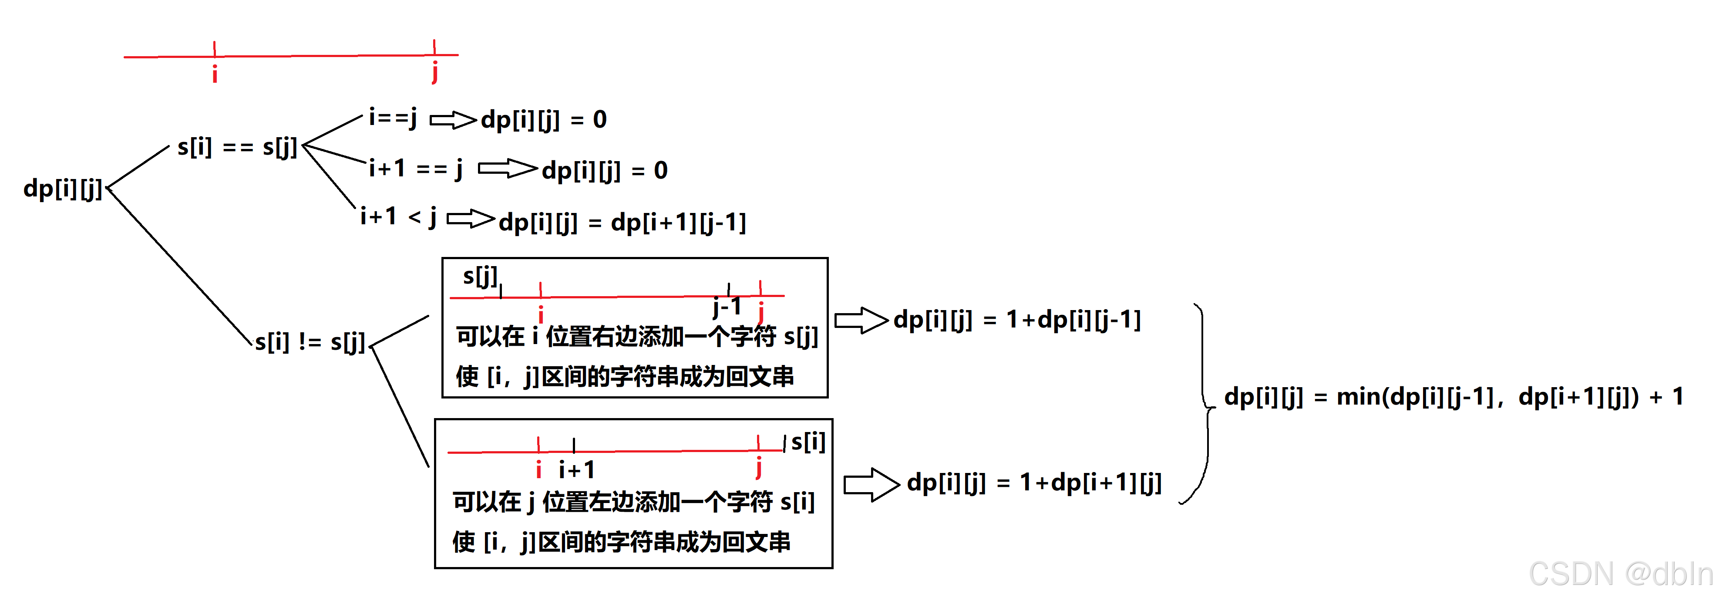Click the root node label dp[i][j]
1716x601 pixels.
tap(63, 189)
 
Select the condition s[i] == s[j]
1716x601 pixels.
tap(236, 147)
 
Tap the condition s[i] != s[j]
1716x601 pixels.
tap(310, 342)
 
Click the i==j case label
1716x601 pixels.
tap(393, 118)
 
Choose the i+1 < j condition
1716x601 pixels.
tap(398, 217)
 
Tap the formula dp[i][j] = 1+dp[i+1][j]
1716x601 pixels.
tap(1034, 483)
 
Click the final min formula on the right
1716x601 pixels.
tap(1454, 397)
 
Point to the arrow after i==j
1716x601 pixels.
tap(453, 120)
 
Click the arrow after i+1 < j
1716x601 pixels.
tap(470, 219)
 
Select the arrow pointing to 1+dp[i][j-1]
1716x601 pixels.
tap(861, 321)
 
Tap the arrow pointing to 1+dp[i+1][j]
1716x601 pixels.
tap(871, 484)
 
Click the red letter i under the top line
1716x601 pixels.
tap(215, 74)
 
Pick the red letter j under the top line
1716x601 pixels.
tap(434, 72)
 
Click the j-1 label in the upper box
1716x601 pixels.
tap(726, 307)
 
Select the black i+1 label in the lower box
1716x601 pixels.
tap(576, 470)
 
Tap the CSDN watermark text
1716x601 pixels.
tap(1620, 574)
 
